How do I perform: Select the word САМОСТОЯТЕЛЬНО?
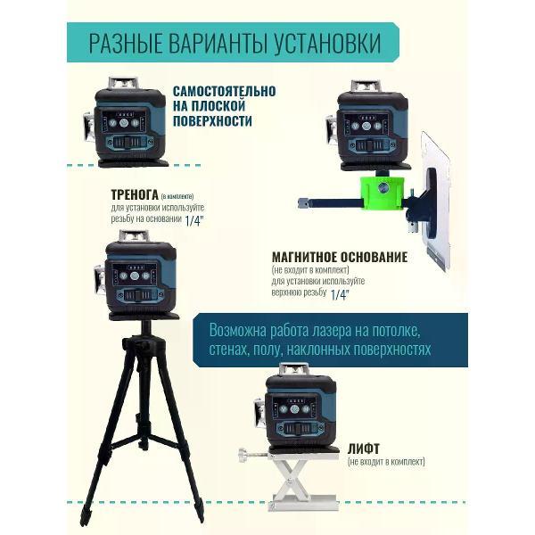pos(224,92)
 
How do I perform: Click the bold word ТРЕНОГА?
pos(135,194)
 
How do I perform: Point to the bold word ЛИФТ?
pos(364,449)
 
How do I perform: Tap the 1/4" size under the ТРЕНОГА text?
pos(194,221)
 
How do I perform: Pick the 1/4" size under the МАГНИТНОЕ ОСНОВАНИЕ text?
pos(340,295)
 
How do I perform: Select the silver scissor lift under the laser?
pos(304,480)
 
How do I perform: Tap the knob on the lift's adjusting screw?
pos(243,455)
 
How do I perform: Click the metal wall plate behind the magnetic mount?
pos(434,202)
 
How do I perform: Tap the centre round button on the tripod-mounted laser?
pos(135,276)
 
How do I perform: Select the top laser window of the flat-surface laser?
pos(123,83)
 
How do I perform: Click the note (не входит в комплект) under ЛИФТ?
pos(386,462)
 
